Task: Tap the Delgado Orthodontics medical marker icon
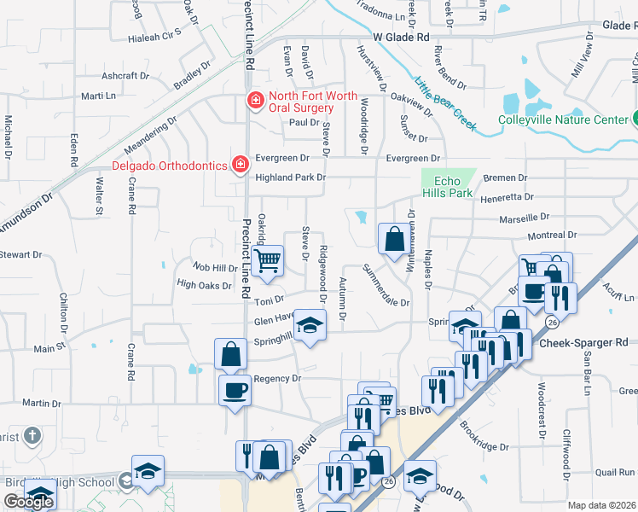241,163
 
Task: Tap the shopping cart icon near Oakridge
268,259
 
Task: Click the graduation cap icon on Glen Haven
311,323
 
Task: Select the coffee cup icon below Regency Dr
235,390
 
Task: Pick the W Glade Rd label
401,38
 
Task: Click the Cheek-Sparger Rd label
583,342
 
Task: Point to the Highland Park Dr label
290,177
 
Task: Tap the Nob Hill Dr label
214,268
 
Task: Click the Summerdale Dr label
386,289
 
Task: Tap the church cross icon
32,437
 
